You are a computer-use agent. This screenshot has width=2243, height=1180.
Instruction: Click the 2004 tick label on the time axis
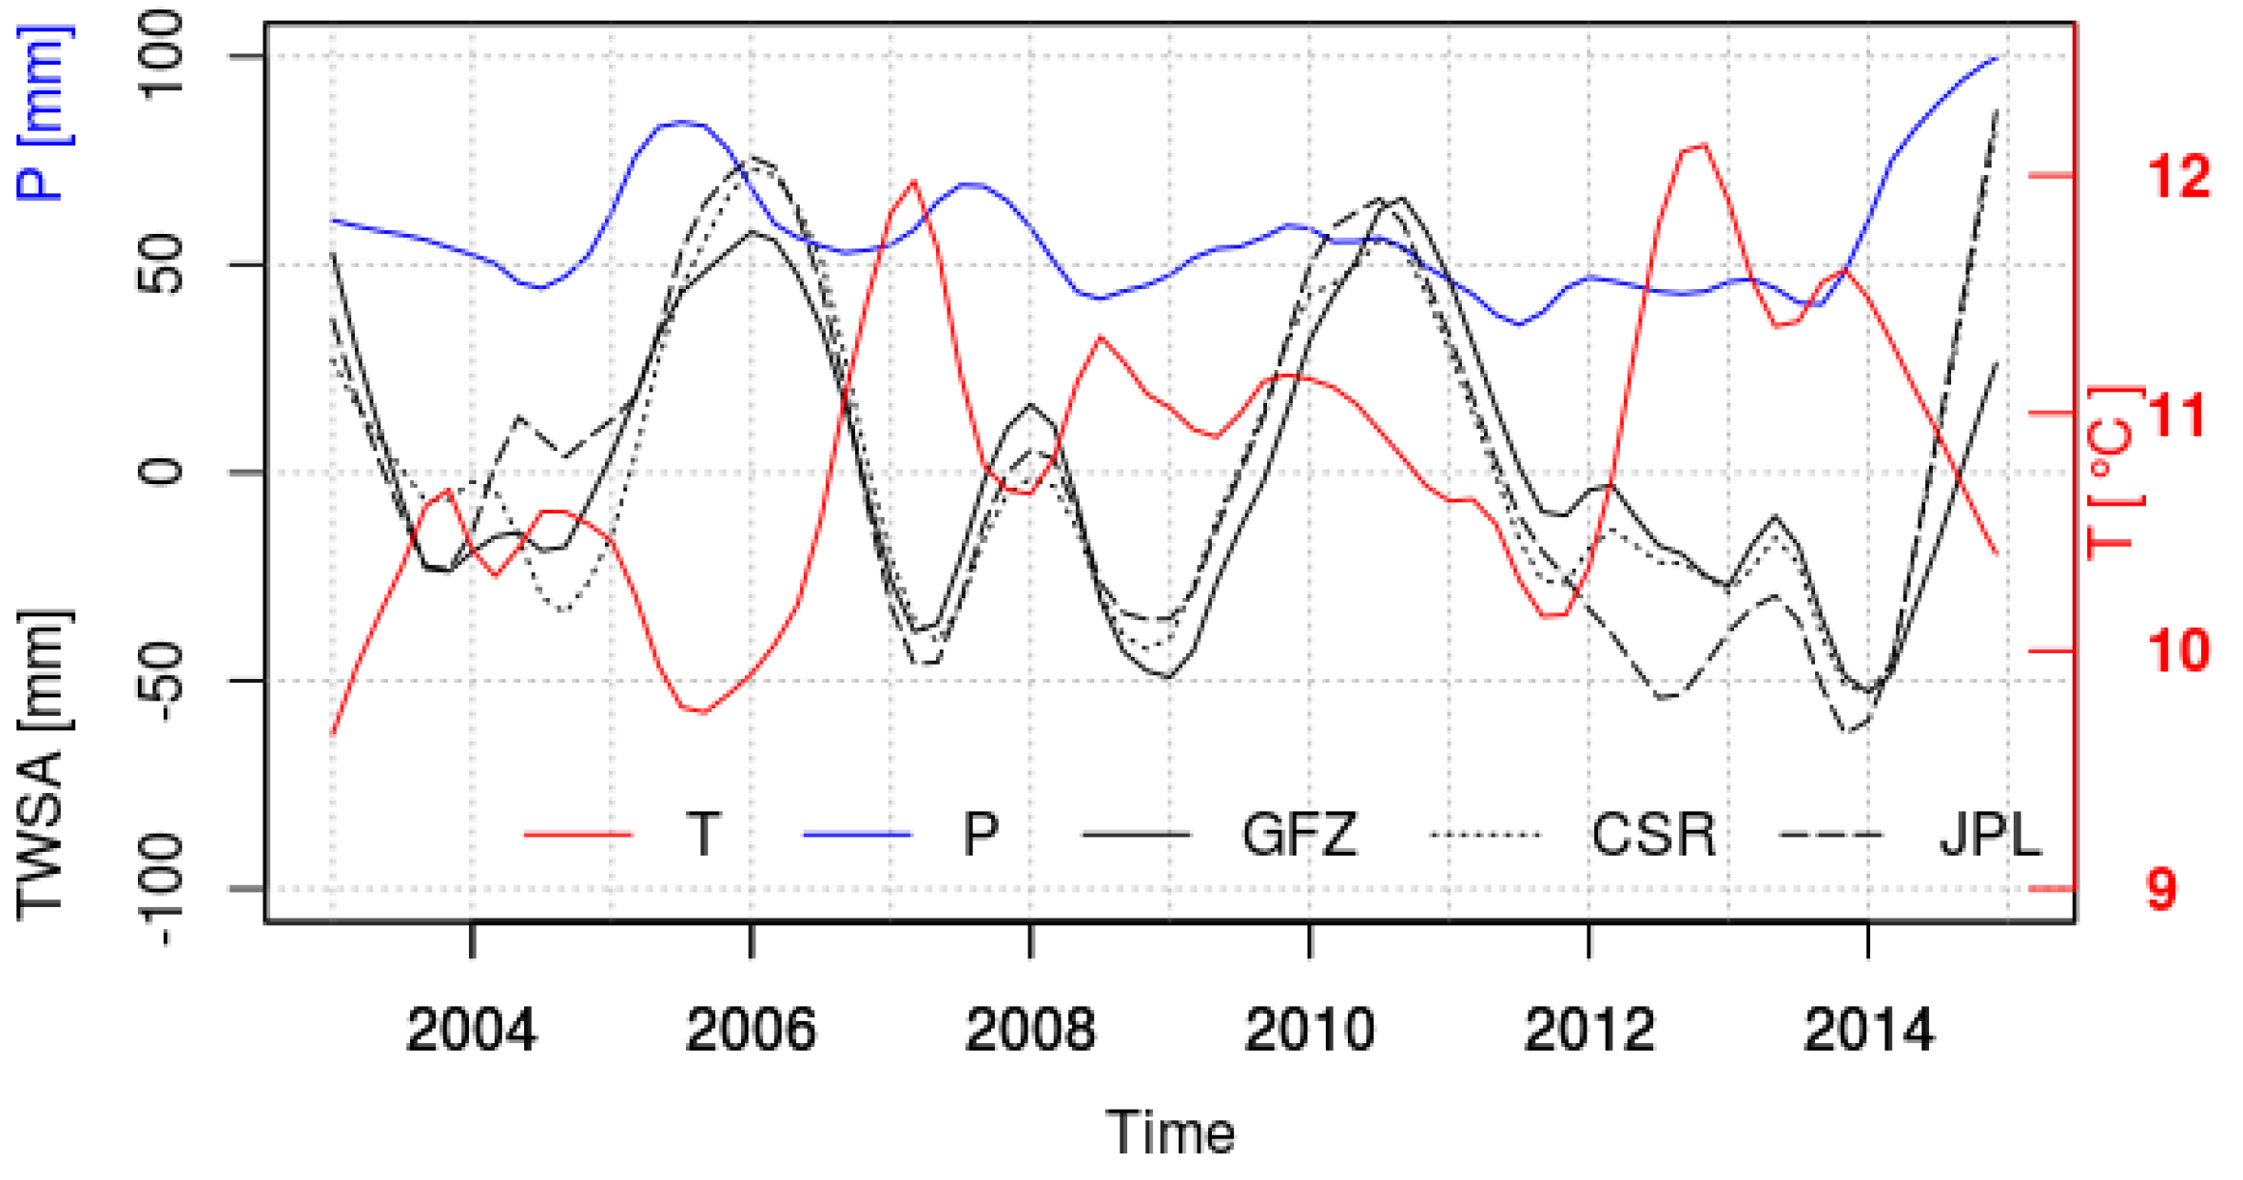coord(471,1030)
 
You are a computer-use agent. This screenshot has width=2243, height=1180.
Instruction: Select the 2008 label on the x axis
coord(1029,1030)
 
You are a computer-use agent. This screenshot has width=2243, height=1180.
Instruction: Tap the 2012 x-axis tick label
coord(1589,1030)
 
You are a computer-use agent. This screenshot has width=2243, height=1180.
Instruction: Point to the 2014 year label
coord(1868,1030)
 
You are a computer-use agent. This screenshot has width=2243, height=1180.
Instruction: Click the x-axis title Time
coord(1169,1132)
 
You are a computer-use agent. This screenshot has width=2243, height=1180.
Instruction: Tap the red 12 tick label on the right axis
coord(2177,176)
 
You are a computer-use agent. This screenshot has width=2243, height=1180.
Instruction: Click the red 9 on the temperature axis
coord(2161,889)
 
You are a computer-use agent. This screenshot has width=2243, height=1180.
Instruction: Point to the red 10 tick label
coord(2177,651)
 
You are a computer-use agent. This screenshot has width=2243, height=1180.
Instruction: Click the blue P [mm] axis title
coord(43,114)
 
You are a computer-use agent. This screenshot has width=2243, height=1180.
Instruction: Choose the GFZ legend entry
coord(1298,835)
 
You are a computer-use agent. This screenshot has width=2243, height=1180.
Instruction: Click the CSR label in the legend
coord(1653,835)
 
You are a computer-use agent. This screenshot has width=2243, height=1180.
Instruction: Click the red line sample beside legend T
coord(578,835)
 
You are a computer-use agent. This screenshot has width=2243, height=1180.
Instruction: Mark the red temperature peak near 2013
coord(1701,145)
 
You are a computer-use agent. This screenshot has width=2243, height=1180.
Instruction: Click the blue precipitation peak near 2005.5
coord(681,122)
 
